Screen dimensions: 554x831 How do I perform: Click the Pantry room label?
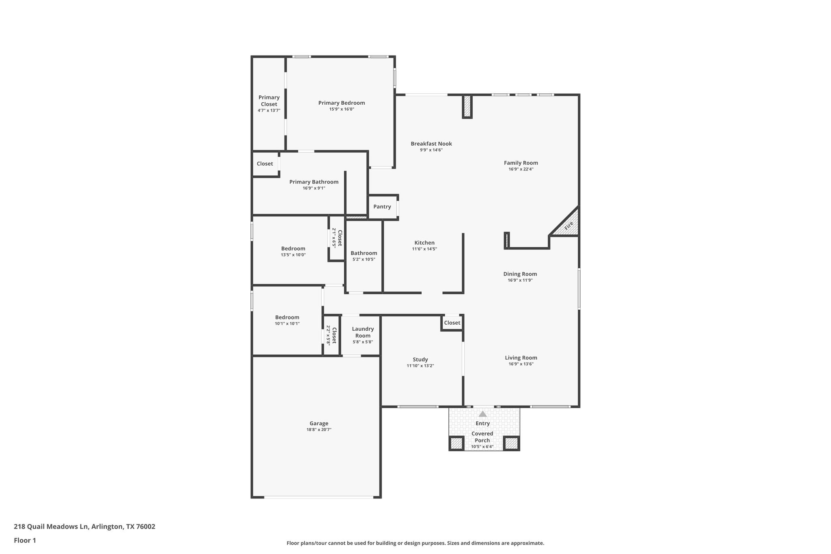click(382, 207)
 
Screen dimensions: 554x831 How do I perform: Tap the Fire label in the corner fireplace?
click(568, 226)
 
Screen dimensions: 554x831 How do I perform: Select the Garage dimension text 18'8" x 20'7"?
click(319, 429)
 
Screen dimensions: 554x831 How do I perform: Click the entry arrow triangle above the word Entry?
click(482, 414)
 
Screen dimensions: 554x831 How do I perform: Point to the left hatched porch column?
click(456, 443)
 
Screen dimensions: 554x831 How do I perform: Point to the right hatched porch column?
click(511, 443)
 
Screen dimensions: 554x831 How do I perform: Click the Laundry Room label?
click(363, 332)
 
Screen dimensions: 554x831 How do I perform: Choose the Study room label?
click(420, 359)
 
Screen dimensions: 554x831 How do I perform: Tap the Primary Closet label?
click(269, 101)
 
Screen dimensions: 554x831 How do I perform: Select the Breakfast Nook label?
click(431, 144)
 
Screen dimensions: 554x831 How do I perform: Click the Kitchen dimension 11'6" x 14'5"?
click(424, 249)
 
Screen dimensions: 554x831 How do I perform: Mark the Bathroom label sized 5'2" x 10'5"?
click(364, 253)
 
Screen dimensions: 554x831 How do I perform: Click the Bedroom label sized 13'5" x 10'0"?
click(293, 248)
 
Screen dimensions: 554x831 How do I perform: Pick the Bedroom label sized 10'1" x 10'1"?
click(287, 317)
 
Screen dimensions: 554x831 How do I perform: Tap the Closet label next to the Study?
click(452, 323)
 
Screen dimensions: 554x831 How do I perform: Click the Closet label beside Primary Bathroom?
click(265, 164)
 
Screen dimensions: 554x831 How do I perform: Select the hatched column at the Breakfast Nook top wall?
click(467, 106)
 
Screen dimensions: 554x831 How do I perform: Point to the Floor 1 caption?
click(25, 540)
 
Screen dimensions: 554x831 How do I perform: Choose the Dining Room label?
click(520, 274)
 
